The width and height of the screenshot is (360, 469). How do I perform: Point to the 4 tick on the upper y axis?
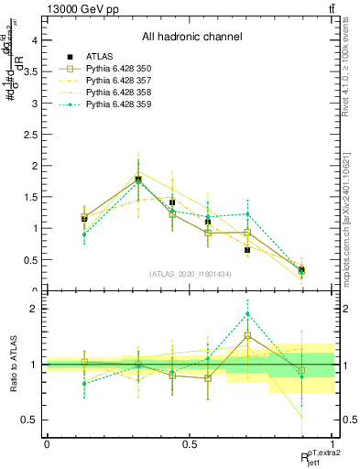coord(33,40)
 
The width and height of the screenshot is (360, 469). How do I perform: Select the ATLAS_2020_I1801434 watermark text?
coord(190,274)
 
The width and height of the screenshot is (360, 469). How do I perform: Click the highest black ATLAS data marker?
coord(138,180)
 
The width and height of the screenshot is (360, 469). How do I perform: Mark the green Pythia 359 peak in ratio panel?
coord(247,313)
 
